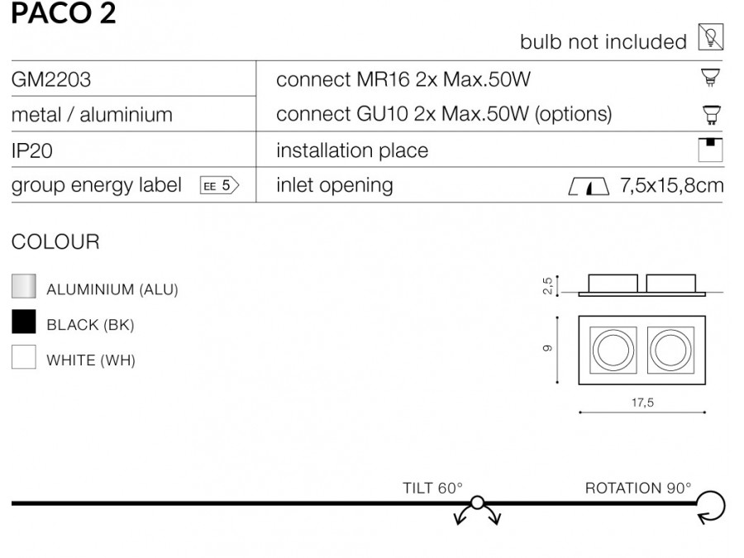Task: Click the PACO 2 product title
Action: click(64, 12)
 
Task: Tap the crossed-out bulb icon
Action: click(710, 37)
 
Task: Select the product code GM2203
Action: click(50, 79)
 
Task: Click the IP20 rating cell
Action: click(31, 150)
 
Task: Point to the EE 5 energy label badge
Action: click(219, 185)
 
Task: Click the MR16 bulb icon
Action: click(710, 78)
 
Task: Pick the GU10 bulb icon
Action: click(711, 114)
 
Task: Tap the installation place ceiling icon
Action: click(710, 150)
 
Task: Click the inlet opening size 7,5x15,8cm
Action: click(671, 185)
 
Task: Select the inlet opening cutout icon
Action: click(589, 187)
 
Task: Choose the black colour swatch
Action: click(24, 322)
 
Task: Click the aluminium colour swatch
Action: click(24, 286)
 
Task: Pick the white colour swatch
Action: click(24, 357)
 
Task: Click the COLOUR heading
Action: click(55, 242)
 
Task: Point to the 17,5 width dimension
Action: click(642, 403)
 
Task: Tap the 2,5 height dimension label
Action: click(548, 286)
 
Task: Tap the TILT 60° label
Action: click(432, 489)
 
